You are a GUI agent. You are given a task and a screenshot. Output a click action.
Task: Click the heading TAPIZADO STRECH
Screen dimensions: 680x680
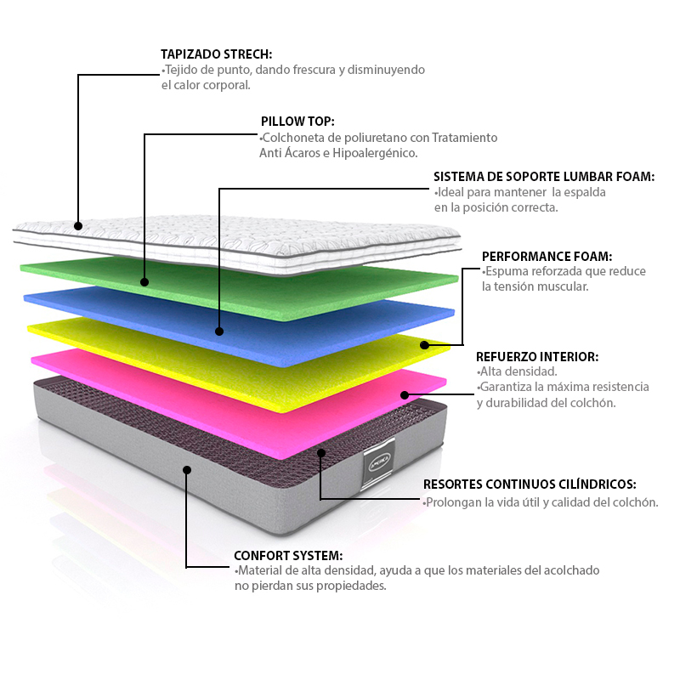(x=217, y=54)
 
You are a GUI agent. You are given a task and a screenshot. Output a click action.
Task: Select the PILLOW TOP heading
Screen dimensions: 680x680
(x=297, y=122)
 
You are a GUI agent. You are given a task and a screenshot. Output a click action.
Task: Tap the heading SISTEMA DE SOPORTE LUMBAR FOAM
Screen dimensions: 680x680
(x=544, y=177)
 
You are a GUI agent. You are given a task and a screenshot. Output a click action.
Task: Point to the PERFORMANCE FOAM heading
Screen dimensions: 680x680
(x=547, y=256)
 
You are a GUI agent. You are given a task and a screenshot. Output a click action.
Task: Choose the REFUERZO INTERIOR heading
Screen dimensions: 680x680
(x=536, y=356)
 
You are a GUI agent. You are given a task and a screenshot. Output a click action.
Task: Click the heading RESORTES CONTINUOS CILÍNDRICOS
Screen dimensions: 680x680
(x=529, y=484)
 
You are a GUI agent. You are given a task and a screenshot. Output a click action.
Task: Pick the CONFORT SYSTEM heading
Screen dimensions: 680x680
(x=288, y=555)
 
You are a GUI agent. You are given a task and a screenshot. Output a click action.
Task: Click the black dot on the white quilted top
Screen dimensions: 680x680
(x=78, y=226)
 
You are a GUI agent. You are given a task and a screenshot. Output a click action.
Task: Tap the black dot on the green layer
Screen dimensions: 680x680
(x=144, y=281)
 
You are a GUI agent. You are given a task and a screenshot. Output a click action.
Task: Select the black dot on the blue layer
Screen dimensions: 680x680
(x=219, y=331)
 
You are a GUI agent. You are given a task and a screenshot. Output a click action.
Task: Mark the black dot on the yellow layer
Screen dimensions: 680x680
(x=424, y=345)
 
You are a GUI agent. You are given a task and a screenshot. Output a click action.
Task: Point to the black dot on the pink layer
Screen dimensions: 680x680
(x=405, y=394)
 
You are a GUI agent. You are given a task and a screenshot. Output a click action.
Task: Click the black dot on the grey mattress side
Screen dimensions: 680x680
(x=187, y=469)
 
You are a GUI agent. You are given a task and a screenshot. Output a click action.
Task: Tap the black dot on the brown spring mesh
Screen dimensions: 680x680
(x=320, y=452)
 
